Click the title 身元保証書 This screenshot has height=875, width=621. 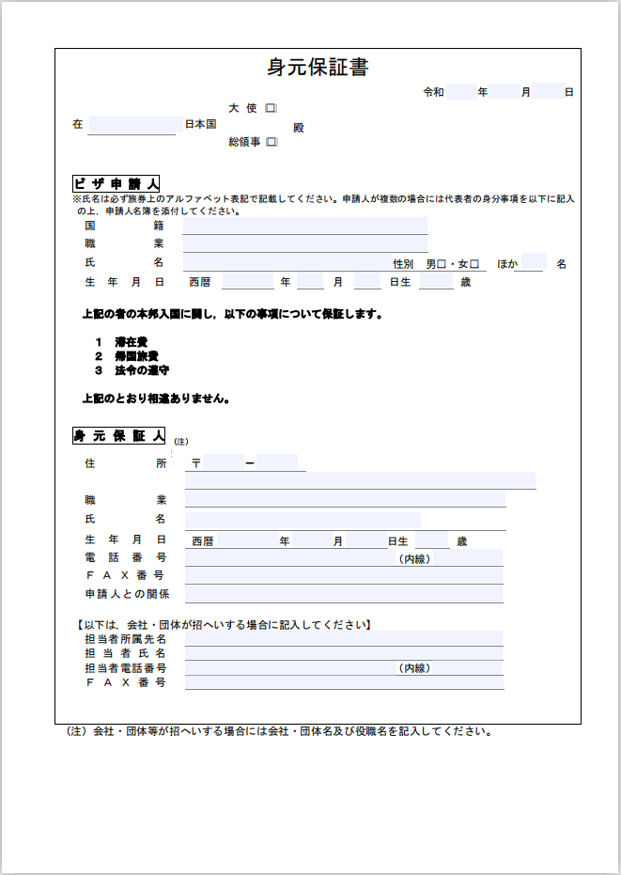(x=318, y=67)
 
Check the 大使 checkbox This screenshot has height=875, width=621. (x=271, y=109)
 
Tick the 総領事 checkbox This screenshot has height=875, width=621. (x=271, y=143)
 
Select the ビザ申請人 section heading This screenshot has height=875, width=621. (x=116, y=183)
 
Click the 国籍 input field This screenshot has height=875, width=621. (x=304, y=226)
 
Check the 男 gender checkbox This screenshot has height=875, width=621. (x=440, y=264)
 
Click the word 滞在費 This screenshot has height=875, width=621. (x=132, y=342)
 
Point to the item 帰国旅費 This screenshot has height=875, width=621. (x=136, y=356)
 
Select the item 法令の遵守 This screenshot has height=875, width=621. (x=142, y=370)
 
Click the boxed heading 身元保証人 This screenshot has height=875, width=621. (x=118, y=436)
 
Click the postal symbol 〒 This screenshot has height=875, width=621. (x=195, y=463)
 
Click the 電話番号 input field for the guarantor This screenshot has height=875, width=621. (x=291, y=558)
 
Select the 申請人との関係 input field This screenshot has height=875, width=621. (x=343, y=594)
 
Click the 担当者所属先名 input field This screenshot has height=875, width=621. (x=343, y=639)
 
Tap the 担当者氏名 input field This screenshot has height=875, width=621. (x=343, y=653)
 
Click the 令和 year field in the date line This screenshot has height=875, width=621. (x=460, y=92)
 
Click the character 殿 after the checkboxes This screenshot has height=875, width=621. (x=299, y=128)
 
